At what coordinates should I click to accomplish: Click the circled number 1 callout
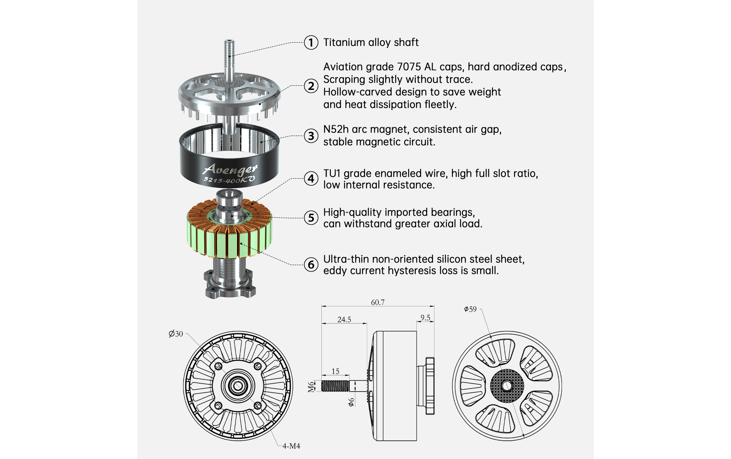(x=311, y=42)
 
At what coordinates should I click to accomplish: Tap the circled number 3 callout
(x=311, y=136)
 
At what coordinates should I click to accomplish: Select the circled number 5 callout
(x=311, y=218)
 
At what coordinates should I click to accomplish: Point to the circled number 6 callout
(x=311, y=264)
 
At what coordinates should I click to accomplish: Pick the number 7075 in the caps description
(x=410, y=67)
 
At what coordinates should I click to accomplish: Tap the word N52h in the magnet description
(x=336, y=130)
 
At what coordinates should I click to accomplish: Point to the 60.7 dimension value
(x=378, y=302)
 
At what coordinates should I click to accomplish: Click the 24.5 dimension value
(x=344, y=320)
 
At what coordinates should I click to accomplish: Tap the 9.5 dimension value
(x=425, y=318)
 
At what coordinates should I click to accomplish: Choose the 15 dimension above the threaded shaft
(x=335, y=371)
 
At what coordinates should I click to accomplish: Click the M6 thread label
(x=311, y=387)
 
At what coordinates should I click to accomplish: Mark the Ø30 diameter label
(x=176, y=334)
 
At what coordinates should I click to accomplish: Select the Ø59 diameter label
(x=470, y=309)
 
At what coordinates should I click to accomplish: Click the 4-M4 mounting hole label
(x=291, y=446)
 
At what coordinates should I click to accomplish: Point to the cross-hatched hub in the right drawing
(x=507, y=386)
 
